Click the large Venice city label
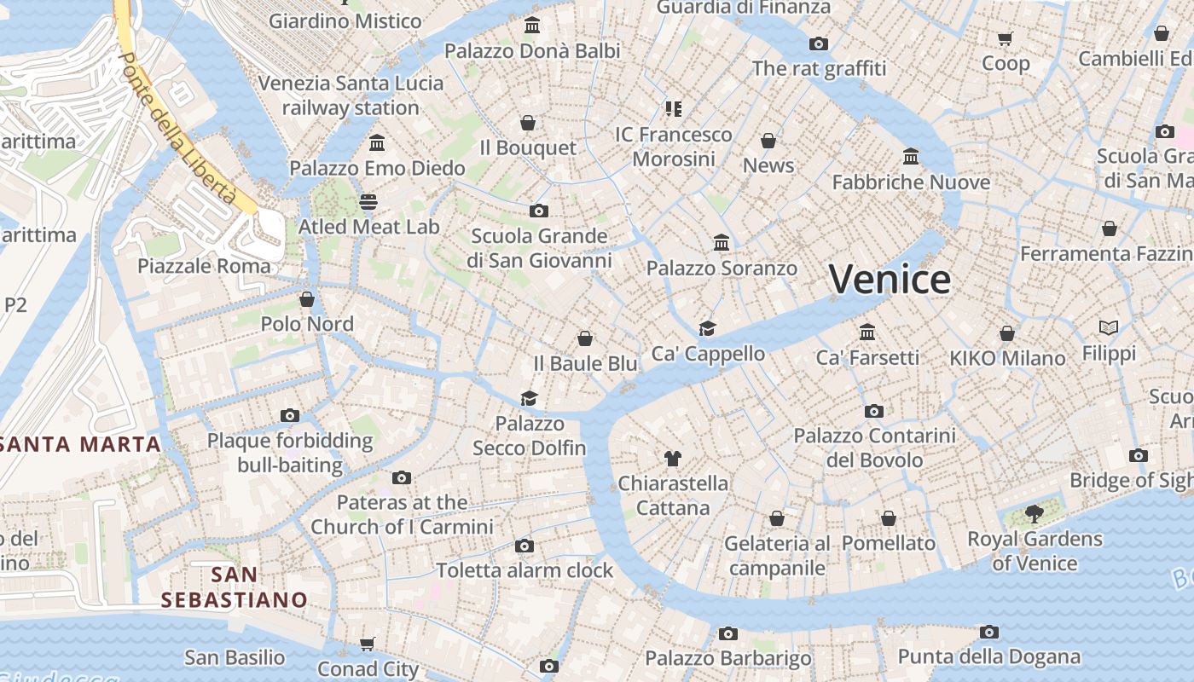pos(890,280)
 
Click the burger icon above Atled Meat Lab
pos(368,202)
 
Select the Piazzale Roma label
pos(204,266)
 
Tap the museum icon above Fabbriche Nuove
pos(911,157)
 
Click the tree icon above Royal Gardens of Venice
pos(1035,514)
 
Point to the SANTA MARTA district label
pos(80,444)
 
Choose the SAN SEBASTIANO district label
pos(234,587)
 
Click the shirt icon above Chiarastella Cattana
pos(672,459)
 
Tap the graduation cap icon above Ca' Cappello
pos(707,329)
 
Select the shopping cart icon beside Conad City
pos(368,644)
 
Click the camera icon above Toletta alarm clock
pos(525,546)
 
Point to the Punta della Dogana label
pos(988,657)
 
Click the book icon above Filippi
pos(1109,328)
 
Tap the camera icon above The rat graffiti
pos(819,44)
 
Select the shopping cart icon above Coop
pos(1006,38)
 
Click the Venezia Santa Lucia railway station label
pos(351,95)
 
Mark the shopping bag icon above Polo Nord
pos(307,299)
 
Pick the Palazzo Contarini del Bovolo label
pos(874,448)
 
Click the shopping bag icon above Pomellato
pos(889,518)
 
